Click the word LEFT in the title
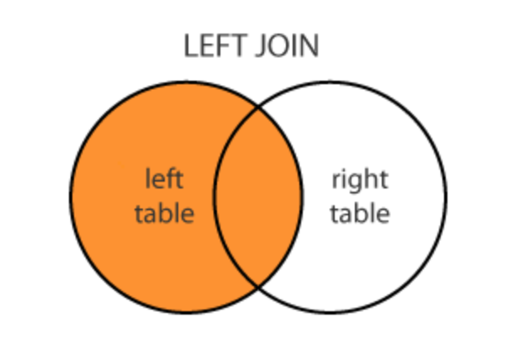(x=212, y=47)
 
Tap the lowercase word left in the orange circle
(x=164, y=180)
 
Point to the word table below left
(x=164, y=213)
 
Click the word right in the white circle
(x=360, y=180)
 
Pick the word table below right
(x=360, y=213)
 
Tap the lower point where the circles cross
(x=257, y=285)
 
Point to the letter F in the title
(x=222, y=47)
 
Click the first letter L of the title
(x=191, y=47)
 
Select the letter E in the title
(x=207, y=47)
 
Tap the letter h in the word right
(x=369, y=179)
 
